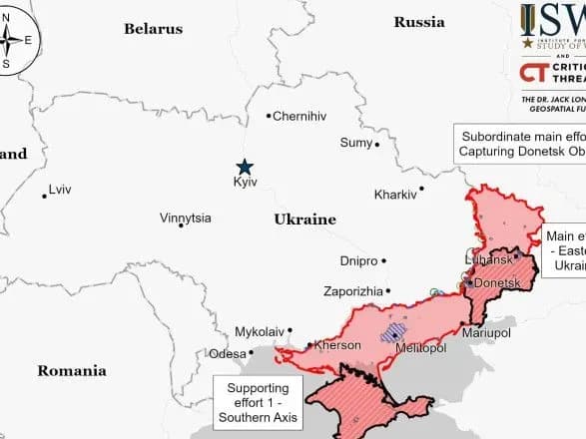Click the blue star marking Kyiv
[x=244, y=168]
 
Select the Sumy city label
[x=355, y=143]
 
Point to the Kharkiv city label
[x=394, y=194]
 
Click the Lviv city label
[x=62, y=190]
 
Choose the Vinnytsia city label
[x=185, y=218]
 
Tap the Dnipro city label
[x=358, y=261]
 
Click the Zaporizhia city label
[x=352, y=291]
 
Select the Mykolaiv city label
[x=259, y=331]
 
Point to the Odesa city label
[x=226, y=354]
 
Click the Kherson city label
[x=336, y=346]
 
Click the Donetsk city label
[x=496, y=283]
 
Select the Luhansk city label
[x=487, y=259]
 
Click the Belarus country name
[x=153, y=29]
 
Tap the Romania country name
[x=72, y=371]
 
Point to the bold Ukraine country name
[x=304, y=219]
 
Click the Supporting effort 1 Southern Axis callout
[x=258, y=400]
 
